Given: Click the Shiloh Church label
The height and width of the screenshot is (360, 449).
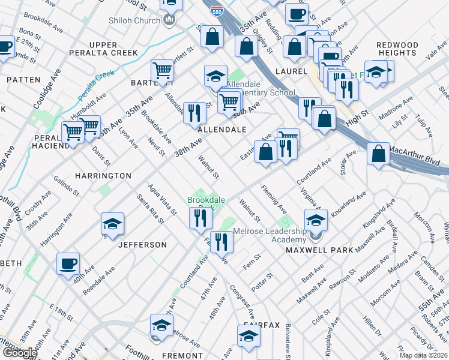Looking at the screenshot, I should (x=134, y=20).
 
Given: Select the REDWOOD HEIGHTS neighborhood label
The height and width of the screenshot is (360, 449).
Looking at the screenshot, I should (x=397, y=49).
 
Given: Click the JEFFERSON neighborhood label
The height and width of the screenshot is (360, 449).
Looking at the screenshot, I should (x=142, y=245).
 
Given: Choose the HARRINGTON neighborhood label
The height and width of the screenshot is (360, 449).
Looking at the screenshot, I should (x=103, y=176).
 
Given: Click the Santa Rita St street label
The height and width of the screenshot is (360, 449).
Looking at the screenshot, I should (x=149, y=208).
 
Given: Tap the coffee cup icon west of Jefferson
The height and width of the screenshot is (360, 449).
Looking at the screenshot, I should (x=68, y=263).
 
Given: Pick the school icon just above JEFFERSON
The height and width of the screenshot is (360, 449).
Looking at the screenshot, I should (x=112, y=224).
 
